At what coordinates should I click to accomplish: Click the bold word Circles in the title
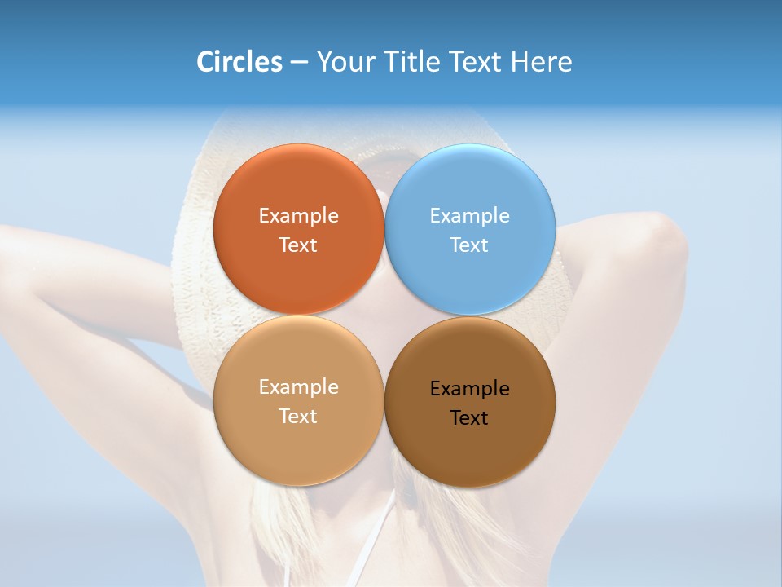click(239, 62)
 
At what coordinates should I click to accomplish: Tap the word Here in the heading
click(541, 62)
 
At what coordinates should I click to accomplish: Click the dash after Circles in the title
click(299, 62)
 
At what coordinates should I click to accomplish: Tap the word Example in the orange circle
click(298, 215)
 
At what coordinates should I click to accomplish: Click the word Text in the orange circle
click(298, 245)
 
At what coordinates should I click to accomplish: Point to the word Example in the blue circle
click(469, 215)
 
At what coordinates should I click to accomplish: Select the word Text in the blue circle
click(469, 245)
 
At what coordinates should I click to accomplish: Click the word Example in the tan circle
click(298, 386)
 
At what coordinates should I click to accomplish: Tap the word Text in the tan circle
click(298, 416)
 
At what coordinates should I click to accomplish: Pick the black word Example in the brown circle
click(469, 388)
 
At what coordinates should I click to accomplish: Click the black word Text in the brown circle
click(469, 417)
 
